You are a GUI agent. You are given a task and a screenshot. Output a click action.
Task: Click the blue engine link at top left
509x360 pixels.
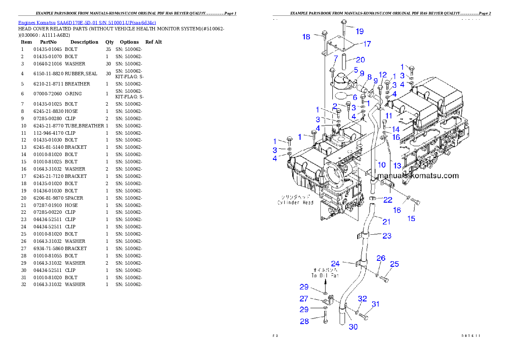87,22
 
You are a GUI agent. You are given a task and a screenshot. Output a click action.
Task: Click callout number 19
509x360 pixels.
359,31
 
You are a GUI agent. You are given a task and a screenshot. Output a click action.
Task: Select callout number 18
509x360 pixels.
306,37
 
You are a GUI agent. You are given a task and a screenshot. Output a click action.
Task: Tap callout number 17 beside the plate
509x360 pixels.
367,44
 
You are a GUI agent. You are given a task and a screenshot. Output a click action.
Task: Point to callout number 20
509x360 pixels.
360,60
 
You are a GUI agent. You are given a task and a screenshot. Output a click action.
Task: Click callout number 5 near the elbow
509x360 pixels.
355,70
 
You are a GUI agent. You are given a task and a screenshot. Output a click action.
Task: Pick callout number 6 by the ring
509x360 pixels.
355,97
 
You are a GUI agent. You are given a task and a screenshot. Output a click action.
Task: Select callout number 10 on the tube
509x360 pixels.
382,165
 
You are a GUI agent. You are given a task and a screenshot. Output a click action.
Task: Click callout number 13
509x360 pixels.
397,166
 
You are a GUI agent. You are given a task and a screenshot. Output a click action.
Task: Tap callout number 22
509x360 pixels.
388,200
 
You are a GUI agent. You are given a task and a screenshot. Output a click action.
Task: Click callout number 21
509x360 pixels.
386,221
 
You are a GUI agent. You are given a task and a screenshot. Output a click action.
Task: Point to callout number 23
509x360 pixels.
387,236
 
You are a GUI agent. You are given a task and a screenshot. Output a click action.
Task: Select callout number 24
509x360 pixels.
335,264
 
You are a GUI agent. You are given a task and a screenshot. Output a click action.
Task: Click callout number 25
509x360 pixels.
394,264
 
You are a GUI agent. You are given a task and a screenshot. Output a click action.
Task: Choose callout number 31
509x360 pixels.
375,304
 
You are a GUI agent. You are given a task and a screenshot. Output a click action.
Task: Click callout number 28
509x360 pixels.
304,321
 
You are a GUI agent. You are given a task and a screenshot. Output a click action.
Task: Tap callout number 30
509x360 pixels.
353,327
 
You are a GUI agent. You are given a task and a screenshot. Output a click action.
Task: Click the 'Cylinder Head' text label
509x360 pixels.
295,200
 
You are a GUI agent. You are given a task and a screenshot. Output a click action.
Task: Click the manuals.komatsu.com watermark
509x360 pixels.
418,176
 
